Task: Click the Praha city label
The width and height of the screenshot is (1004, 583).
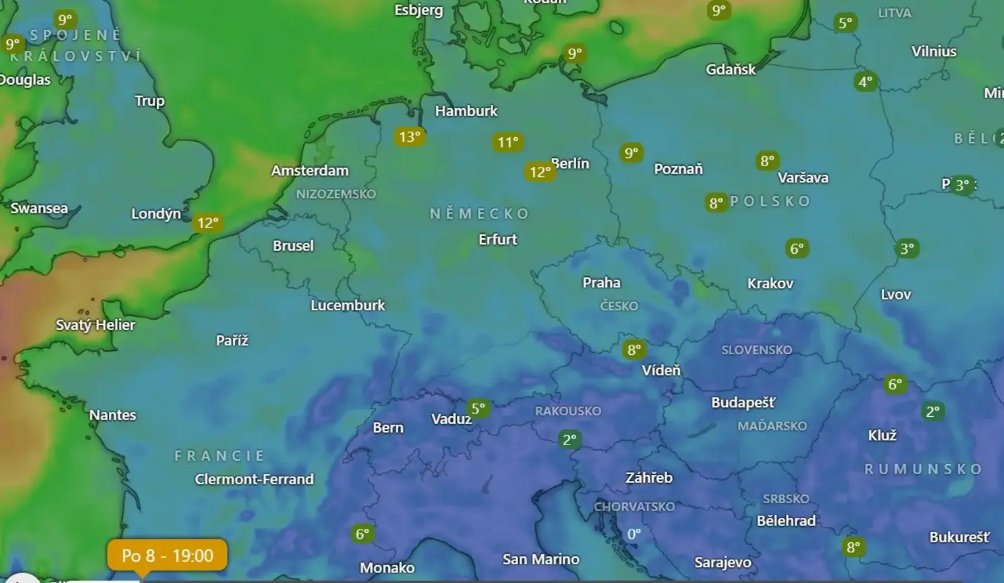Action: [x=601, y=282]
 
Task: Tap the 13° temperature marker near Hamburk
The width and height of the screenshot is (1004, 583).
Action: [x=409, y=137]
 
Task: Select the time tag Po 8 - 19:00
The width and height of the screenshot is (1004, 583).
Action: [x=167, y=555]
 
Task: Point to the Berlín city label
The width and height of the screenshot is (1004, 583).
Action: [x=570, y=163]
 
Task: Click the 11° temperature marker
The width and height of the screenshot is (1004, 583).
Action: [x=508, y=142]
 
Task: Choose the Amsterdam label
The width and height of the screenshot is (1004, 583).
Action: [x=310, y=171]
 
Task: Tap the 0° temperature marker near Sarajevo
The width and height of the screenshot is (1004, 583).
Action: [x=634, y=534]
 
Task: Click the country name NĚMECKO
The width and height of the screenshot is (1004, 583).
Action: [x=479, y=214]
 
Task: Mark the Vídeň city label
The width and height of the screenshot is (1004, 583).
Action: [x=661, y=370]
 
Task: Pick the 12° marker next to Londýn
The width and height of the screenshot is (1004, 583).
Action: [x=208, y=223]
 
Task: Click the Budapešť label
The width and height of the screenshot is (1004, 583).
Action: [x=743, y=402]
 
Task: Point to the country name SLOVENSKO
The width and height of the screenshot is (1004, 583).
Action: [x=756, y=350]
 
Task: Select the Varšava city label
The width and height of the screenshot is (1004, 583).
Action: [x=803, y=178]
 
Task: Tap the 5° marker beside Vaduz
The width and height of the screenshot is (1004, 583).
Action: [x=478, y=408]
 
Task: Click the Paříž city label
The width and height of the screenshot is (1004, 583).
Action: [x=232, y=340]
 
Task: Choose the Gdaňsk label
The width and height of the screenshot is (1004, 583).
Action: [x=731, y=70]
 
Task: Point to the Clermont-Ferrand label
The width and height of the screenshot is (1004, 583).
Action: [x=254, y=479]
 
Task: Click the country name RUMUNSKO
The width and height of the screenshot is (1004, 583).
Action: [x=923, y=469]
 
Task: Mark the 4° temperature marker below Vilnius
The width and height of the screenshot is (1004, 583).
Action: [x=866, y=82]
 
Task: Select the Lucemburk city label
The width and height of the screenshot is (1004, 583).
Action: [x=347, y=305]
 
